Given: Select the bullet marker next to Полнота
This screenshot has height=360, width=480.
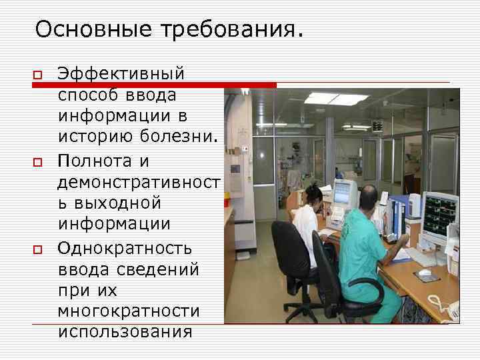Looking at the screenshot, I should click(x=37, y=161).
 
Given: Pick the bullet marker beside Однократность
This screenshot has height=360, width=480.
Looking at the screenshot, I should click(x=37, y=249).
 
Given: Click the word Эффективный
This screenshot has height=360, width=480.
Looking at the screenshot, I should click(x=121, y=73).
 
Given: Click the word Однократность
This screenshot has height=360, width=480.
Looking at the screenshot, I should click(x=125, y=249).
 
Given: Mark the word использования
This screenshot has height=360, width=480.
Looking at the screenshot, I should click(x=125, y=331).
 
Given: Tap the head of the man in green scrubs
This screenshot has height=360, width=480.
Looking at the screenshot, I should click(x=367, y=197).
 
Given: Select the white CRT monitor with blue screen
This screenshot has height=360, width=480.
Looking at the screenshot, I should click(x=345, y=193).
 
